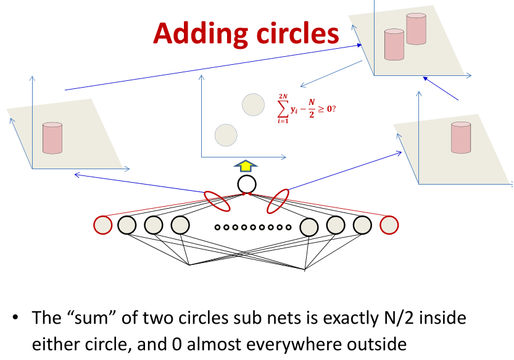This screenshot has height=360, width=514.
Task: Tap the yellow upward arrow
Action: [x=246, y=166]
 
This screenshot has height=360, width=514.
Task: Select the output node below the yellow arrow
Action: [x=246, y=184]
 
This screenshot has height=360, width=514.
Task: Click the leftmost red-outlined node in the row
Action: [x=102, y=225]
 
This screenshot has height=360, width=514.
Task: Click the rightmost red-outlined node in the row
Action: [x=389, y=225]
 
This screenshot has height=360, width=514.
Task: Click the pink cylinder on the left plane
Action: [x=52, y=138]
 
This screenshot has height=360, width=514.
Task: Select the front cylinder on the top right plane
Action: [x=394, y=44]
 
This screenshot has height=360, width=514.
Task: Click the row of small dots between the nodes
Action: [x=253, y=227]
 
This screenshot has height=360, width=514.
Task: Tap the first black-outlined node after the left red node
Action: [x=126, y=225]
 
